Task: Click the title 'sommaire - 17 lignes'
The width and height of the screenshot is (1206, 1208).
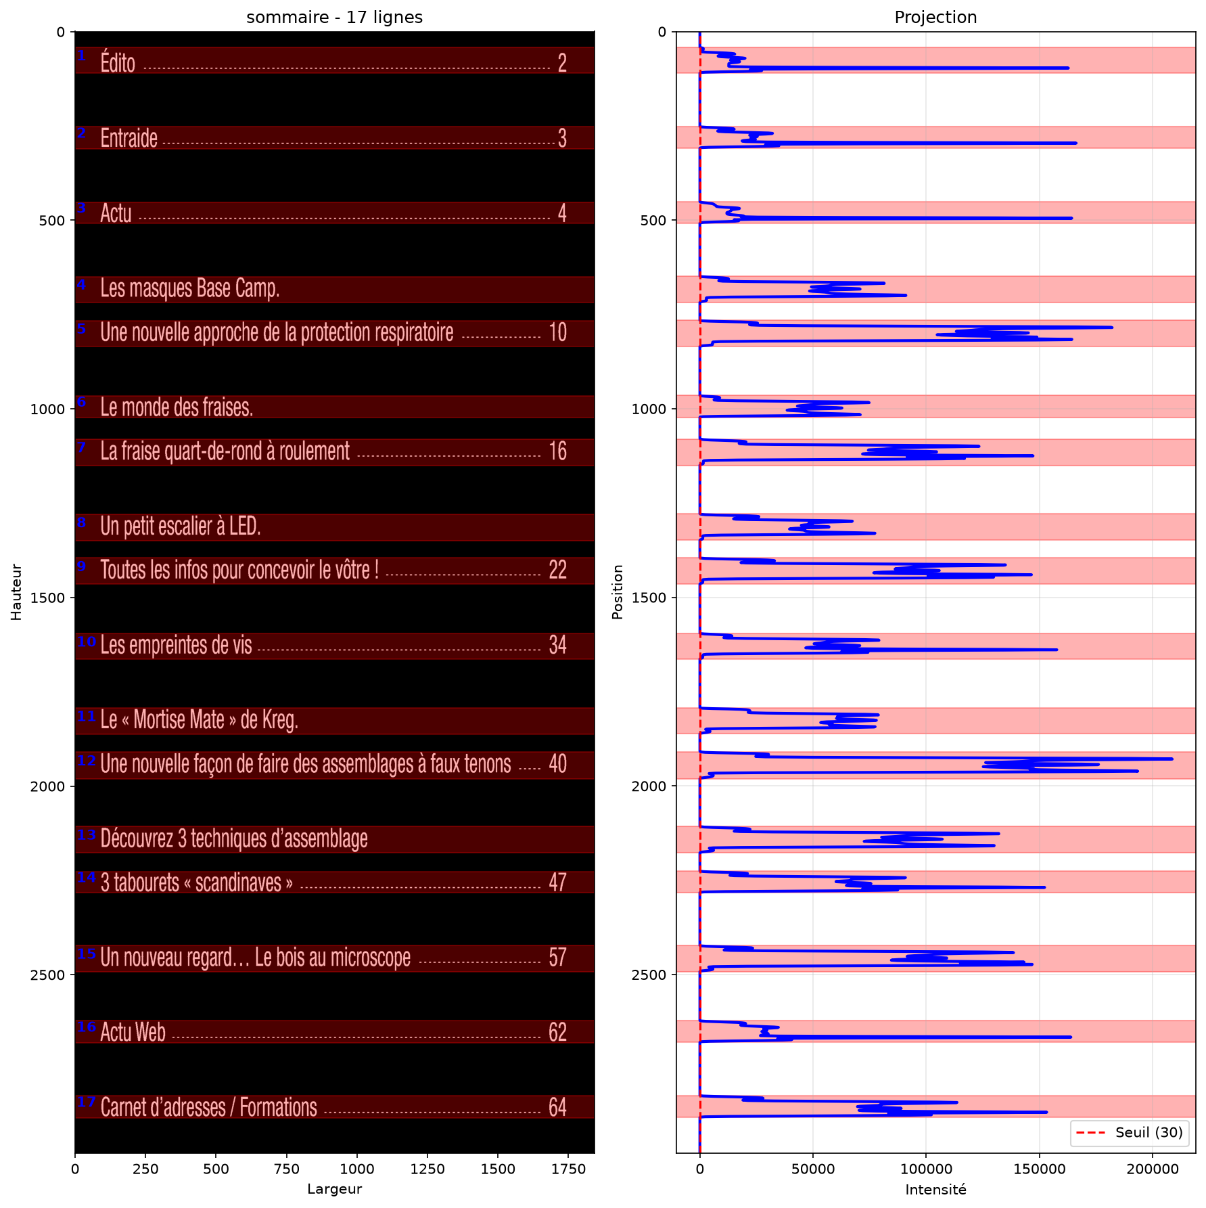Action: (x=334, y=17)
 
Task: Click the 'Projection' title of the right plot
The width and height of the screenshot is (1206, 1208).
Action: (x=935, y=17)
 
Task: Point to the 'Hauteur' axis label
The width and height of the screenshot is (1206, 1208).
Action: (x=16, y=592)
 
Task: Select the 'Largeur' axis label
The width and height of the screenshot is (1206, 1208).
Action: (x=334, y=1189)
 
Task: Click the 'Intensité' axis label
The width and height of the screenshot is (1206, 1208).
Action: (x=935, y=1189)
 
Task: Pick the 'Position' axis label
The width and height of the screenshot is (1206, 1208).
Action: (x=617, y=592)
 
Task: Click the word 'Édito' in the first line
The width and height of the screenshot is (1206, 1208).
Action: (x=118, y=62)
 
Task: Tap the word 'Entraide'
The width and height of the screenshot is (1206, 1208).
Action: (x=129, y=138)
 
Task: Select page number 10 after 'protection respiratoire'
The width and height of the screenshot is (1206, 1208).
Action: (x=558, y=332)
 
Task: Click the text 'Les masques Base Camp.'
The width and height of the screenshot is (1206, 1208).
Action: (x=190, y=288)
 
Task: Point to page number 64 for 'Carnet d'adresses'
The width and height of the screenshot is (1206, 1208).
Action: (x=558, y=1107)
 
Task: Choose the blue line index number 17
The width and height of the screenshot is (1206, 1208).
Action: (x=87, y=1101)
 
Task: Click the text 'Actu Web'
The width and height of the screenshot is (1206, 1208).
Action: (x=133, y=1032)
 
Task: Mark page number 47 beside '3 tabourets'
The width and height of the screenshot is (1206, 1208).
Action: (x=558, y=882)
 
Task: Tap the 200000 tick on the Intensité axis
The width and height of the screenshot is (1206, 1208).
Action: (x=1152, y=1169)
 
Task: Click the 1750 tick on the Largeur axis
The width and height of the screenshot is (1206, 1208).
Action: (x=568, y=1169)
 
